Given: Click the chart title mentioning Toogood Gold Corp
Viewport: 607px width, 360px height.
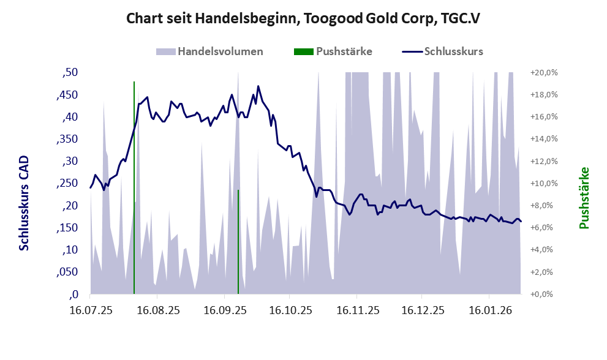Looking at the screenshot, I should [303, 19].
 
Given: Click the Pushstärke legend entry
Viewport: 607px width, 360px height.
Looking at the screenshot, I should [344, 51].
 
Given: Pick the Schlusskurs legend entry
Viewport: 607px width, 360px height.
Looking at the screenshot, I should [453, 51].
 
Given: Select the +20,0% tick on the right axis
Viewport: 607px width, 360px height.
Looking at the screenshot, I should [543, 73].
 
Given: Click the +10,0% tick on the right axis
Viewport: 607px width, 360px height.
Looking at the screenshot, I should [543, 184].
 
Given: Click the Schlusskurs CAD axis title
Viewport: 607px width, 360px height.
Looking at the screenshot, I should [25, 203].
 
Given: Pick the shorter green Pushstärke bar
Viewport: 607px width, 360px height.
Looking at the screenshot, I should [238, 242].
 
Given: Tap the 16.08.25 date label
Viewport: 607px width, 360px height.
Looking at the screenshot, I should [157, 311].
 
